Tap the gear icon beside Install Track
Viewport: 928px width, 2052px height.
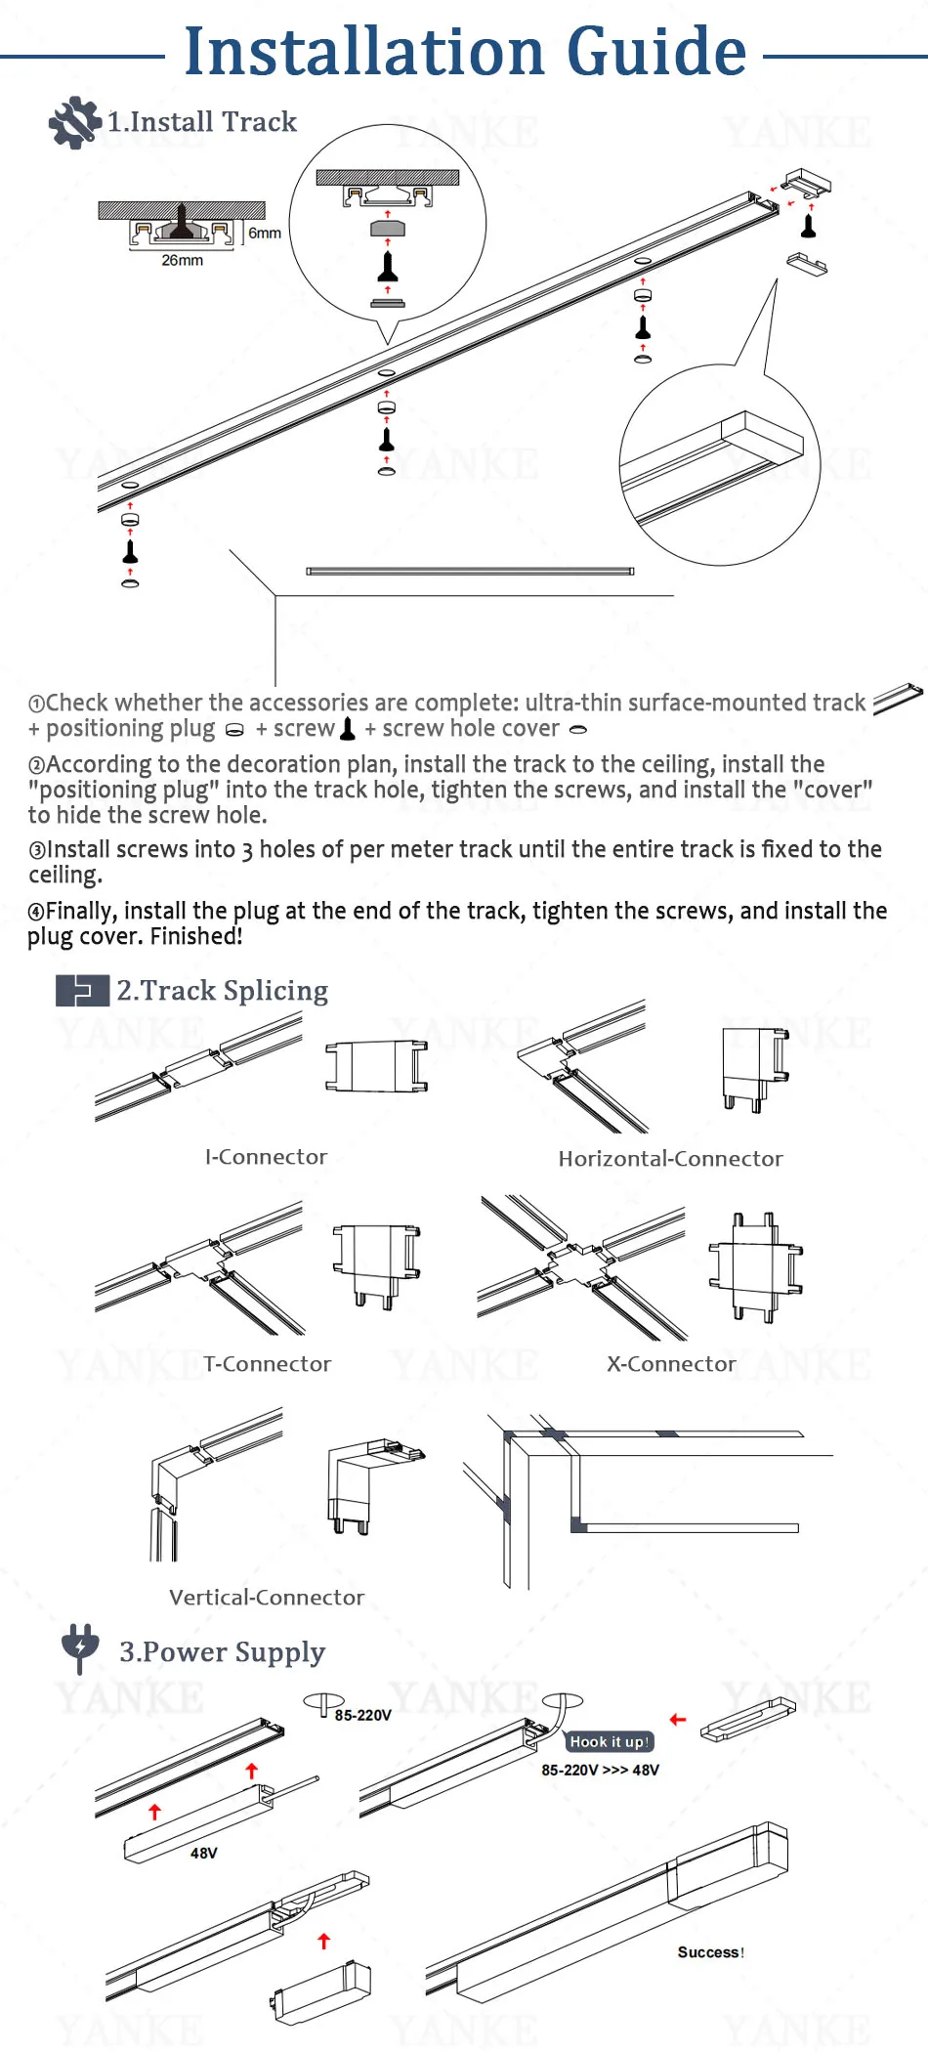point(74,123)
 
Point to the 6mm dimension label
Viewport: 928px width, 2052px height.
point(265,233)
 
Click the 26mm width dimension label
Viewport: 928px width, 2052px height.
point(183,261)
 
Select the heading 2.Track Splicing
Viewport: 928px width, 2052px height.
point(223,990)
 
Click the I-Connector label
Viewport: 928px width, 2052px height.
point(266,1157)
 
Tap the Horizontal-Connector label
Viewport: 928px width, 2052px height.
point(670,1159)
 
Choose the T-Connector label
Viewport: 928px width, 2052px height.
point(267,1364)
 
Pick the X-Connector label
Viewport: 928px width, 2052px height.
point(671,1364)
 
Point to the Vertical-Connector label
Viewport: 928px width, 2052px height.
point(267,1598)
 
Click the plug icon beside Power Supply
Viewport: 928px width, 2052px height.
point(80,1648)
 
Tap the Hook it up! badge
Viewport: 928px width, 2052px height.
point(609,1741)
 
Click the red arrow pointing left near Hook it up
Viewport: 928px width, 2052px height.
point(678,1720)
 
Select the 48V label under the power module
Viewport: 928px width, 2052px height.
point(204,1853)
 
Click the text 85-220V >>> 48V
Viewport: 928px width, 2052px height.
point(601,1770)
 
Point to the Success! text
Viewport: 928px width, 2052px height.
point(711,1952)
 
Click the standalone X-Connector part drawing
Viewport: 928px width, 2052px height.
point(756,1266)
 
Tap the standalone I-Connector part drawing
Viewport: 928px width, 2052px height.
point(377,1065)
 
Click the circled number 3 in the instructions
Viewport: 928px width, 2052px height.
point(36,851)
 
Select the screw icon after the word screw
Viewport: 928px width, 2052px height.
point(347,728)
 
